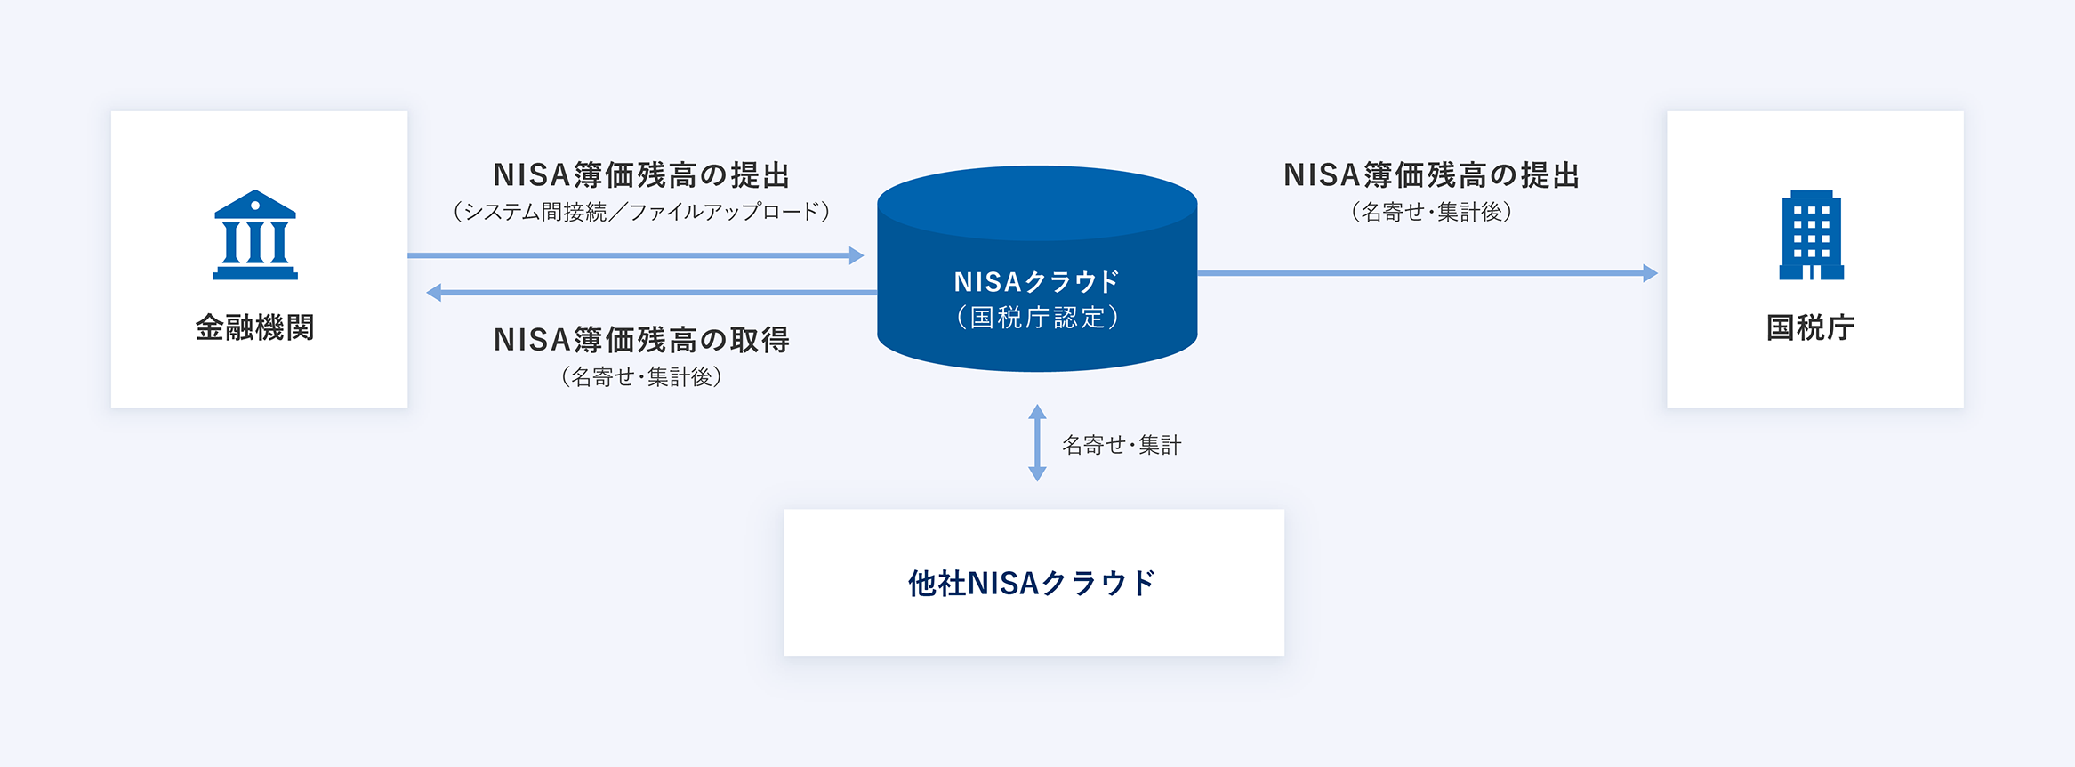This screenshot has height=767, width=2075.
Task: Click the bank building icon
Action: click(255, 235)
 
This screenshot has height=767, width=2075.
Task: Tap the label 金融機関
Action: click(255, 327)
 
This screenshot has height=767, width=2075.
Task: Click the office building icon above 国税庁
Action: click(1812, 235)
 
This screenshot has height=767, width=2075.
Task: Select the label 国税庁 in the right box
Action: click(1811, 327)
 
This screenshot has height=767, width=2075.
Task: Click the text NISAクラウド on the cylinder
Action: click(1037, 282)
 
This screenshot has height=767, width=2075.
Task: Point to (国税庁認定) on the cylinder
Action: click(1037, 318)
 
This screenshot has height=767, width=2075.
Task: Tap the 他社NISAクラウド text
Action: click(1032, 583)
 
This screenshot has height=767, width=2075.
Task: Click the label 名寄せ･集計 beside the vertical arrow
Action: click(1122, 445)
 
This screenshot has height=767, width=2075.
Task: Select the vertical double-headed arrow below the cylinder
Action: click(1037, 443)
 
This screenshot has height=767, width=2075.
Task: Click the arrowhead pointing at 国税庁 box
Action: click(1651, 273)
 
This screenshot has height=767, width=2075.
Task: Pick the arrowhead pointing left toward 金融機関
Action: click(434, 292)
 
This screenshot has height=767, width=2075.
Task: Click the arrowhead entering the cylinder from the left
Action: click(857, 256)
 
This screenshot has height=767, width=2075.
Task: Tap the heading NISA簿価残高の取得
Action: click(641, 340)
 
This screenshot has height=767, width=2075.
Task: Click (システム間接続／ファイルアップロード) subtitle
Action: click(641, 212)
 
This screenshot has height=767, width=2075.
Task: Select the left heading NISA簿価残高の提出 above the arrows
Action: click(641, 175)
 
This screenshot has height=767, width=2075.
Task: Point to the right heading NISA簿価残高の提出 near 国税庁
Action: click(1432, 175)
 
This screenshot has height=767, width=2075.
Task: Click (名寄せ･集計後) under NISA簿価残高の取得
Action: click(641, 377)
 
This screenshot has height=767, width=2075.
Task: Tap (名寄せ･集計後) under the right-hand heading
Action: click(1432, 212)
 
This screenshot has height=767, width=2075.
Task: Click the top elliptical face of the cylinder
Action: click(1037, 203)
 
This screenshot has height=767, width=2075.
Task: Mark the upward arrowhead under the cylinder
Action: click(1037, 412)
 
